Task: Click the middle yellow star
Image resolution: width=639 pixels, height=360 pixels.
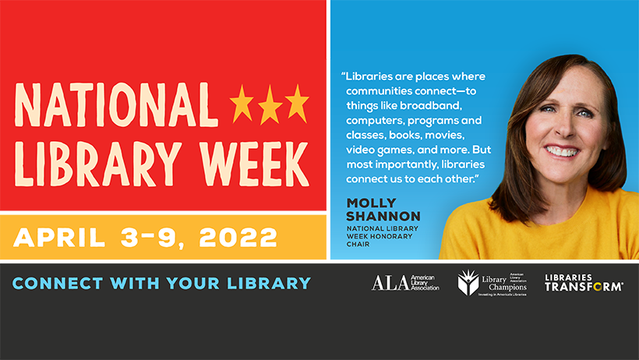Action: click(x=270, y=104)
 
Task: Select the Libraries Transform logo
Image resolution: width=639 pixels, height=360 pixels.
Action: click(x=583, y=283)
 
